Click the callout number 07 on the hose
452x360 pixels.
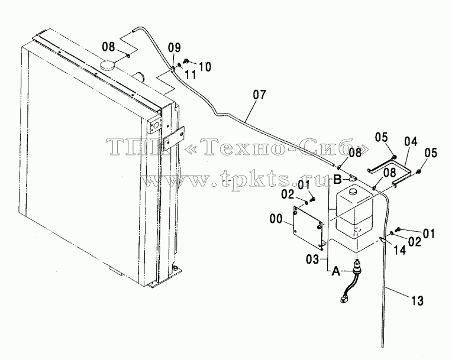(x=260, y=95)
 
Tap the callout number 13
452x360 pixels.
(x=417, y=301)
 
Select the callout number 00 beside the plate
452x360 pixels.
(x=276, y=219)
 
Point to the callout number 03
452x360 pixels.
(x=312, y=259)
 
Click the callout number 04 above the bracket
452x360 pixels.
(x=411, y=142)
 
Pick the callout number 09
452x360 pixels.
(x=175, y=47)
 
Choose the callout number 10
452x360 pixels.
(x=205, y=67)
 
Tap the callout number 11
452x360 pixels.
(x=191, y=75)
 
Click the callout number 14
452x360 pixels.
(x=400, y=250)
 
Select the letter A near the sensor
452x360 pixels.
(x=336, y=271)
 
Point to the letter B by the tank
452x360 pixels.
(x=338, y=180)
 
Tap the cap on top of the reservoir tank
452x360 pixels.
(x=353, y=191)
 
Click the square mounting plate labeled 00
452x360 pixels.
(x=308, y=228)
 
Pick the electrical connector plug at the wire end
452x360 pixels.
(x=343, y=300)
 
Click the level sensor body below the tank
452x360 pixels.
(x=357, y=267)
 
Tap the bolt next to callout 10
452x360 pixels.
(x=186, y=61)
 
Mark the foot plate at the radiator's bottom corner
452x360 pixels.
(x=166, y=277)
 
